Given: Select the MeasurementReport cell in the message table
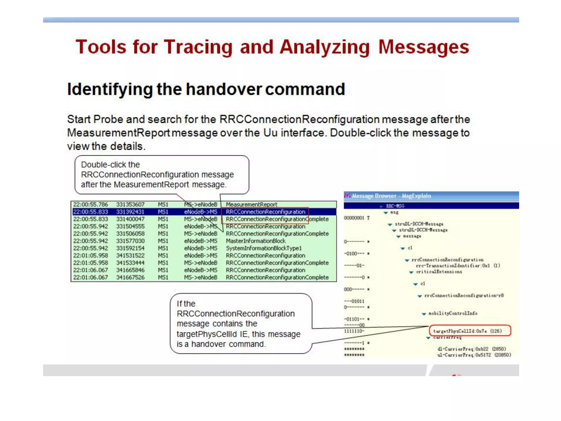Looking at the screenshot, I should point(251,204).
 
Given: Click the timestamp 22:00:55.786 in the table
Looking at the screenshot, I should point(90,204).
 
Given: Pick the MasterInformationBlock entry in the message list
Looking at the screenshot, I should point(256,241).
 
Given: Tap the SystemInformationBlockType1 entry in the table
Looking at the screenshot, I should point(264,248).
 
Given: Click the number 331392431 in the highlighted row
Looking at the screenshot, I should point(130,212).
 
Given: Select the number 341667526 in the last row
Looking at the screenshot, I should point(130,277).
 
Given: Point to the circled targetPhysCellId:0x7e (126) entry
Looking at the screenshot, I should point(467,331).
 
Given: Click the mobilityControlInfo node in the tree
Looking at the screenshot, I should point(453,313).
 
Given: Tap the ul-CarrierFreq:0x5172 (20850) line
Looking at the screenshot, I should point(474,355).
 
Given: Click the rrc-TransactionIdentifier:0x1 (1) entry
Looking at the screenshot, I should point(458,266).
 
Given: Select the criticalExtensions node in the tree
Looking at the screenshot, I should point(439,272).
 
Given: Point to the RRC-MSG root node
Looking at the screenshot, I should point(395,206).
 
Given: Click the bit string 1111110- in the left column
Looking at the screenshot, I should point(354,331).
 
